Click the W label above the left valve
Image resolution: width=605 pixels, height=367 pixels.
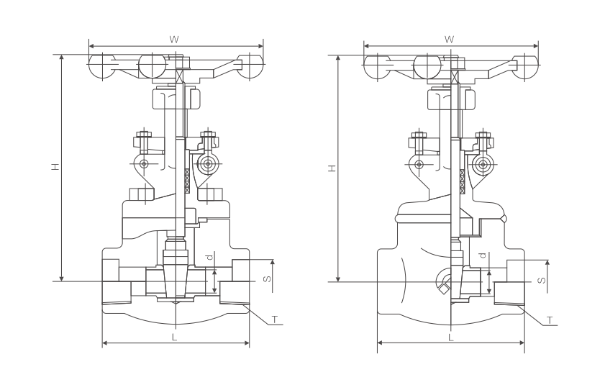[173, 38]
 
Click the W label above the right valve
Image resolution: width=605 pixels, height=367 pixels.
[449, 38]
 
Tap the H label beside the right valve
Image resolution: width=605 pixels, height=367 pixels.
[331, 168]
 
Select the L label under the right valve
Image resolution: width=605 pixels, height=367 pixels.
[450, 337]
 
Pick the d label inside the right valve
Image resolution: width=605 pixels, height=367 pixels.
[483, 256]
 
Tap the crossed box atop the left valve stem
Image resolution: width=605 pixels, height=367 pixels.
[180, 75]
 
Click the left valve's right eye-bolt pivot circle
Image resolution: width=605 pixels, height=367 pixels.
[208, 164]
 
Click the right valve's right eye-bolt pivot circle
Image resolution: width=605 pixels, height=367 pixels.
[483, 164]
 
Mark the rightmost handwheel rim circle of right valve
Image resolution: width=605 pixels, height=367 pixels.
[524, 66]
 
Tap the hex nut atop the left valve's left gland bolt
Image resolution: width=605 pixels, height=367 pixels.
[142, 134]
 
